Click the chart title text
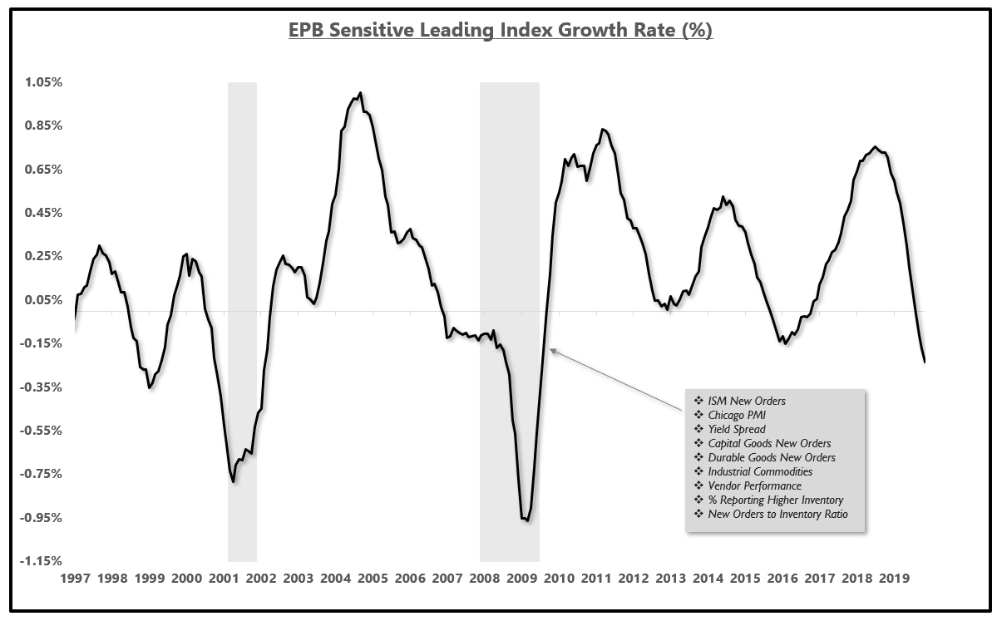coord(500,32)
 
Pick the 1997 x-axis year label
coord(75,578)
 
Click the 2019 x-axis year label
coord(893,578)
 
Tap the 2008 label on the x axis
coord(485,578)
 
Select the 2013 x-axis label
coord(670,578)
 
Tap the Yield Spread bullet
coord(737,429)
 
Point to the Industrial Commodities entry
coord(760,471)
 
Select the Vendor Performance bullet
coord(754,485)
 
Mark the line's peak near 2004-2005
coord(360,93)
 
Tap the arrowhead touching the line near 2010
coord(552,351)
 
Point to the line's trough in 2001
coord(234,481)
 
